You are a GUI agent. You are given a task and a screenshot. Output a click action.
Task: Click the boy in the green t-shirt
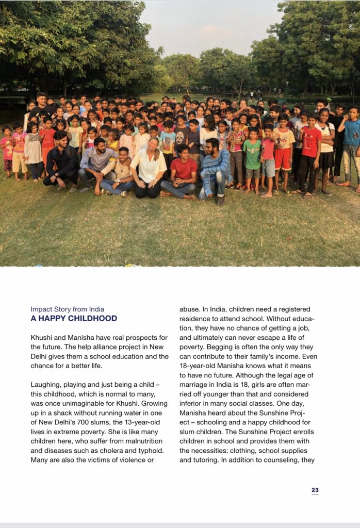pyautogui.click(x=251, y=155)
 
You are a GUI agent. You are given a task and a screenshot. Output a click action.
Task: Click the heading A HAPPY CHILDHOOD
pyautogui.click(x=74, y=319)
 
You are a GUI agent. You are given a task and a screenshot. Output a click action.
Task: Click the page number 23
pyautogui.click(x=315, y=490)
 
